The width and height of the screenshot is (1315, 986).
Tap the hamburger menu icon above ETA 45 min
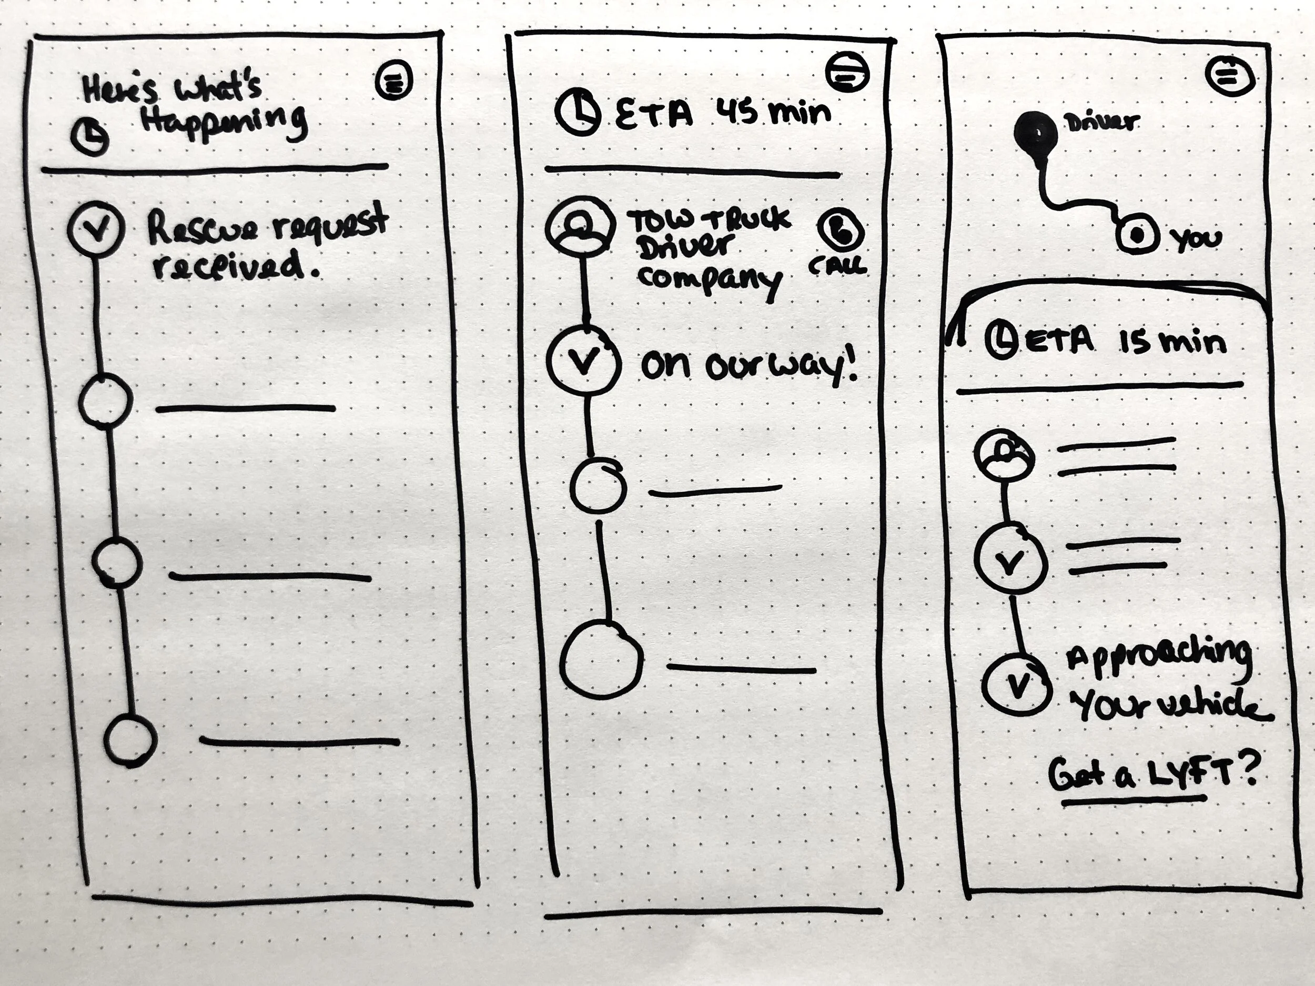click(x=846, y=73)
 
